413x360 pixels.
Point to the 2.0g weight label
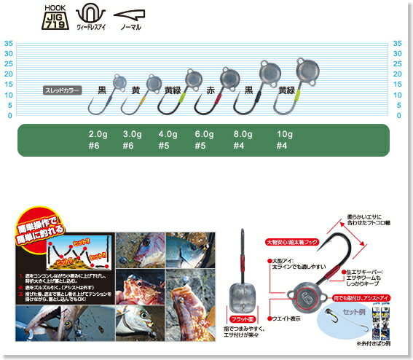(98, 134)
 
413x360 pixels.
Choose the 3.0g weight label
(133, 134)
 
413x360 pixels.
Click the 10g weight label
(285, 134)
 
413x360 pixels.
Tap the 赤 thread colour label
(211, 91)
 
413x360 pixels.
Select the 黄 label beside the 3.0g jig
(135, 91)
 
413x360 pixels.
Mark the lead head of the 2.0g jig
(119, 81)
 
